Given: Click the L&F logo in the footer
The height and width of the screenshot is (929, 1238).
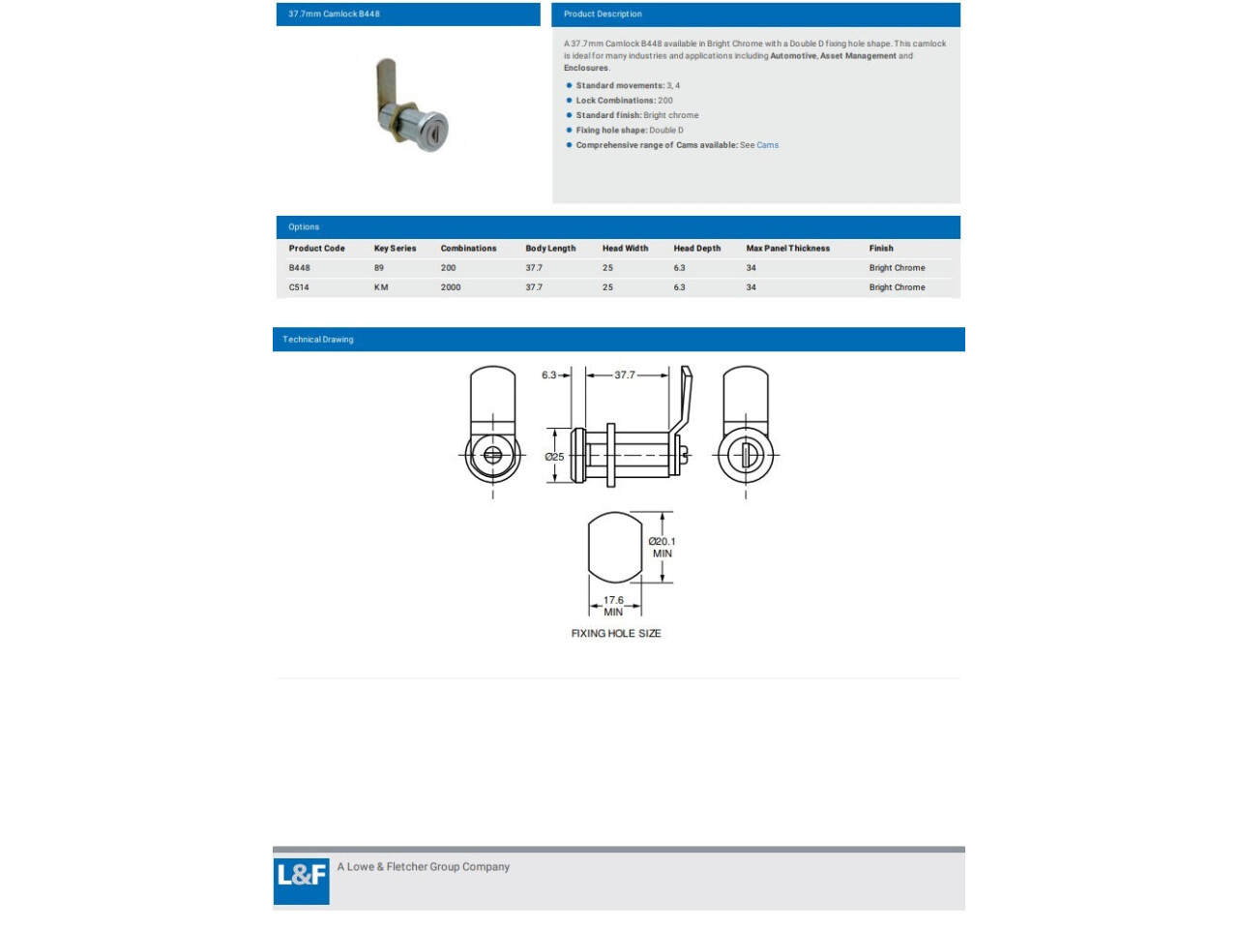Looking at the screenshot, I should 301,878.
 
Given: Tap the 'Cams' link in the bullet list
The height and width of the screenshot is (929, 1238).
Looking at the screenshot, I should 767,145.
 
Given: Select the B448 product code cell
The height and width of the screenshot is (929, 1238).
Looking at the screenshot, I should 300,268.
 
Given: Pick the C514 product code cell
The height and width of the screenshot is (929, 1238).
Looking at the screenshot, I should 299,287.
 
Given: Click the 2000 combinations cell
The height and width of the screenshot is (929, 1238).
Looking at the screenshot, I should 451,287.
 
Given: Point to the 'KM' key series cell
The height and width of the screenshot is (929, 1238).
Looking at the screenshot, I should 381,287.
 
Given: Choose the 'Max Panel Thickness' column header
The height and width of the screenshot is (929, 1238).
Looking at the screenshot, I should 787,249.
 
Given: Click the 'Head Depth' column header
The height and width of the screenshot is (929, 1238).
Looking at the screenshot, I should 696,249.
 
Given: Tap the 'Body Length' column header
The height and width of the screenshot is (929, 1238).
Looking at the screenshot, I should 550,249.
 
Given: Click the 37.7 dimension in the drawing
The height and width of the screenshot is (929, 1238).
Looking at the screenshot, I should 625,375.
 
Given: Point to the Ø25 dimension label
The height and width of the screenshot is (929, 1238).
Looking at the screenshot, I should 554,457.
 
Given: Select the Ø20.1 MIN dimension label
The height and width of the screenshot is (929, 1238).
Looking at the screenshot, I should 663,548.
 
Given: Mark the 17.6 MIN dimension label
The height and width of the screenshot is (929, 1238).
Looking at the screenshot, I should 614,606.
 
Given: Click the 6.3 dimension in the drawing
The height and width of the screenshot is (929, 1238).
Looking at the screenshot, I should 548,375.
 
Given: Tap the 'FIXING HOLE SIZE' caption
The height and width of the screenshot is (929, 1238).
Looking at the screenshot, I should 616,634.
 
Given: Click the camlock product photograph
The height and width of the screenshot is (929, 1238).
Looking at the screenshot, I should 411,105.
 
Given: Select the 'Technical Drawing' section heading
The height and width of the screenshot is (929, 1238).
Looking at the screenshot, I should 318,340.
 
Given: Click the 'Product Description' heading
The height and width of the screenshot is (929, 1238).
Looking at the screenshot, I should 603,15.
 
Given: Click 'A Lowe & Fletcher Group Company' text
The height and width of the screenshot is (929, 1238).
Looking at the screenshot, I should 423,867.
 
